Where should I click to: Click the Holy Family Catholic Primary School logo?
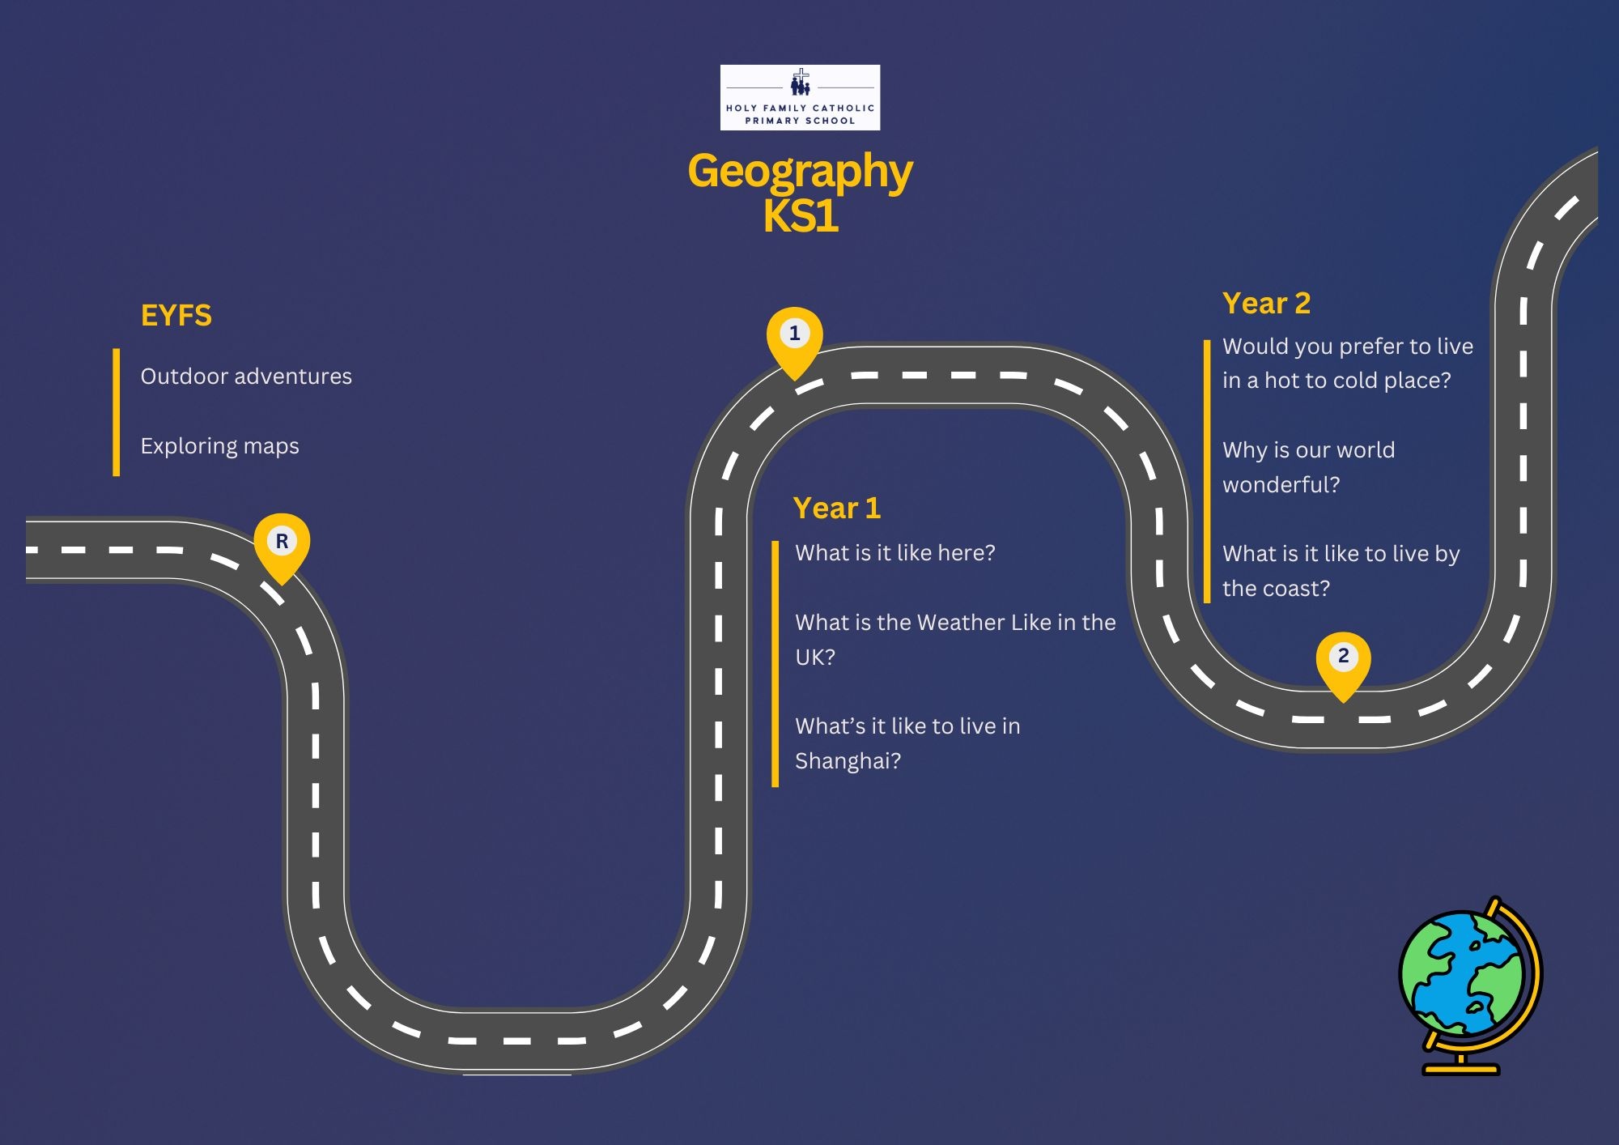click(x=800, y=97)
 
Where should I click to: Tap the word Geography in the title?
click(x=800, y=172)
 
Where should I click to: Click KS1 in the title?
click(x=800, y=217)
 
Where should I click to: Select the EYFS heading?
click(x=176, y=315)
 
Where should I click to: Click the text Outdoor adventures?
click(x=246, y=377)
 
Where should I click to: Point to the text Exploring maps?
click(x=219, y=446)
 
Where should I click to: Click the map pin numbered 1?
click(x=795, y=337)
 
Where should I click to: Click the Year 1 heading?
click(x=837, y=508)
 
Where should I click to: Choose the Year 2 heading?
click(x=1266, y=303)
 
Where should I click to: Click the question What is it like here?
click(x=894, y=553)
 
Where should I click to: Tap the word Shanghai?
click(x=842, y=761)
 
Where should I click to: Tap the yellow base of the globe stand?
click(x=1461, y=1070)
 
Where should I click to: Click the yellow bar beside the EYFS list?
click(x=117, y=412)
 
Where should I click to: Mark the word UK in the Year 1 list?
click(x=809, y=658)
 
